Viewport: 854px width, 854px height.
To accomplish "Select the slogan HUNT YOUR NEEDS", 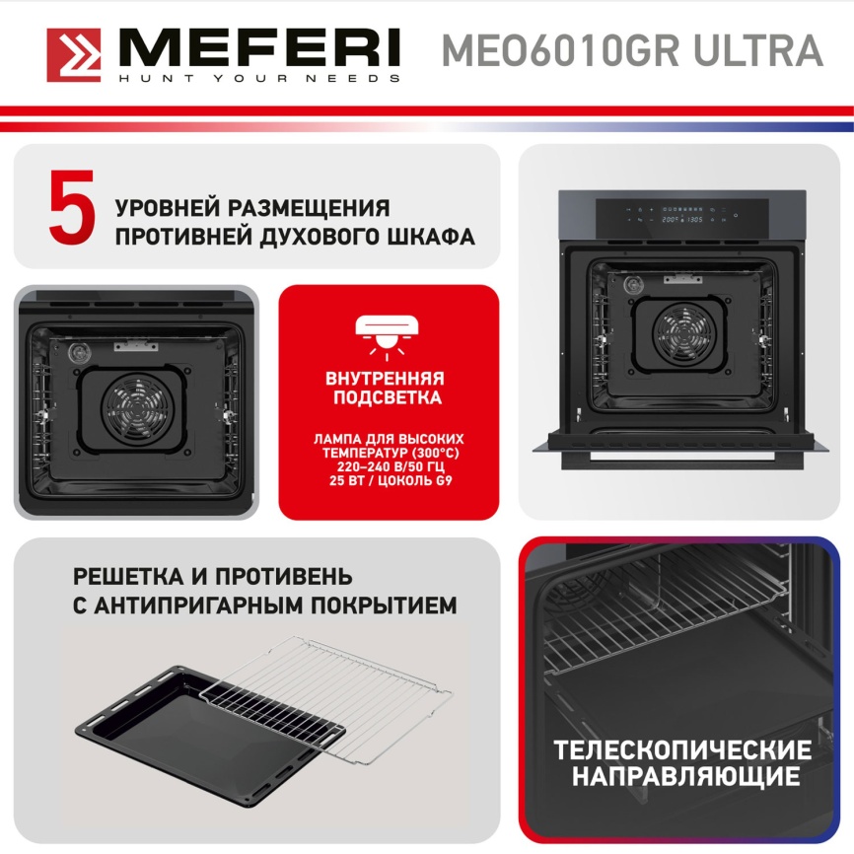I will coord(259,77).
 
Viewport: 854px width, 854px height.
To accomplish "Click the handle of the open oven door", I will coord(680,459).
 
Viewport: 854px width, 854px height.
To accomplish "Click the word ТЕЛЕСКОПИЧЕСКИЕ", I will coord(682,748).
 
